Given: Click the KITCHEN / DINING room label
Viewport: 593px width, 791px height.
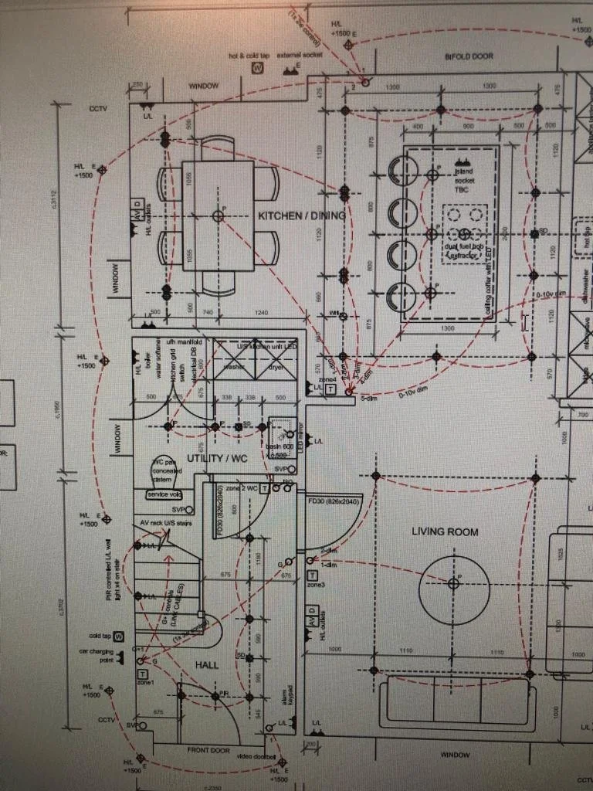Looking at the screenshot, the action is pos(302,216).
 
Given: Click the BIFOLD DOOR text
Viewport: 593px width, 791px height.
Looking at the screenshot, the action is pos(469,57).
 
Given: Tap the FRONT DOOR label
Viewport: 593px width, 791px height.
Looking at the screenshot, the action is pos(208,750).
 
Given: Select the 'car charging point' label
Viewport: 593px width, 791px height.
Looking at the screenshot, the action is pos(96,656).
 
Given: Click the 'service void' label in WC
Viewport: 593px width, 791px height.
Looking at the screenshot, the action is pos(164,494).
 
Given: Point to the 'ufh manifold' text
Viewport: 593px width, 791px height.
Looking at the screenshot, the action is pos(184,341).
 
